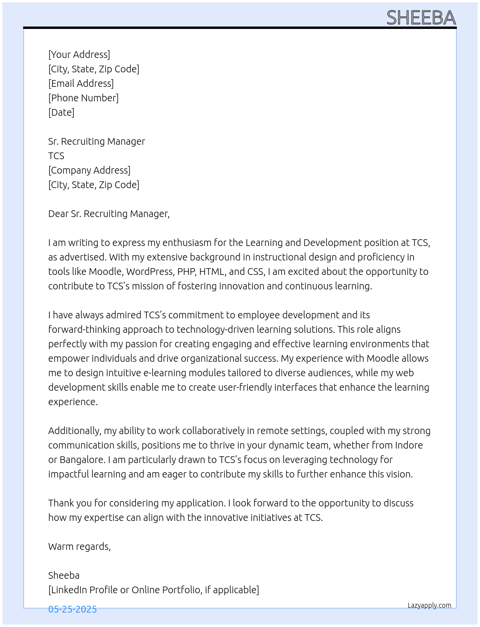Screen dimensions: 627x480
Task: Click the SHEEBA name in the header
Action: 421,18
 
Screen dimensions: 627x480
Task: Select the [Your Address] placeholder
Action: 79,55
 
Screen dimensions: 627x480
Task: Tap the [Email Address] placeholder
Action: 81,83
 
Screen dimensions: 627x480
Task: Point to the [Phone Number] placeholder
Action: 83,98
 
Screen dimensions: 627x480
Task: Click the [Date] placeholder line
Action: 61,112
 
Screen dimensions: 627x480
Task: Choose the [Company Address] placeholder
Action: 89,170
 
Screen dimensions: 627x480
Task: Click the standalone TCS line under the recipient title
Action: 56,156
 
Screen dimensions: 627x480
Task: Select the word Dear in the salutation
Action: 58,214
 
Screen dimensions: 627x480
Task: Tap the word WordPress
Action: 149,272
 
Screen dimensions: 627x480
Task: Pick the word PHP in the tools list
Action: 186,272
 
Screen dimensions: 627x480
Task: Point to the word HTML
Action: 212,272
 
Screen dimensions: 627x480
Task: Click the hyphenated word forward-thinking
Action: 84,329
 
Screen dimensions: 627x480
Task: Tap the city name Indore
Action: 408,445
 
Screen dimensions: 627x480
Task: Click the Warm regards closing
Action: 80,546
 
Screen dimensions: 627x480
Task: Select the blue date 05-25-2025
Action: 72,609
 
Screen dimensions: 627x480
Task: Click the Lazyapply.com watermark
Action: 429,605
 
